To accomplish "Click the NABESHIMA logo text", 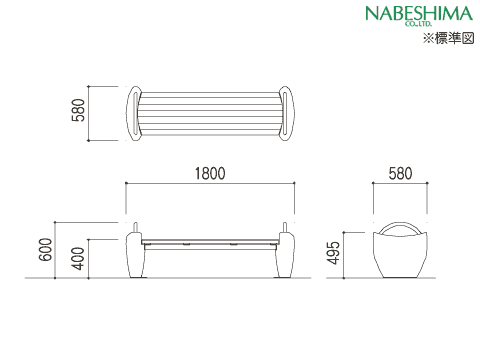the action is point(419,14).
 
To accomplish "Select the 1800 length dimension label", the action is point(210,174).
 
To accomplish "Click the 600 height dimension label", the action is point(45,249).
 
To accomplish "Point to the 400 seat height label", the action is point(78,258).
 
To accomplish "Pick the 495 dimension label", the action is point(334,253).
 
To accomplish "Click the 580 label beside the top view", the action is point(78,110).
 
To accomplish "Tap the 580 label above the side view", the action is point(400,174).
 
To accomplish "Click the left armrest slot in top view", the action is point(134,113).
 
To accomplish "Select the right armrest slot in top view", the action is point(286,113).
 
